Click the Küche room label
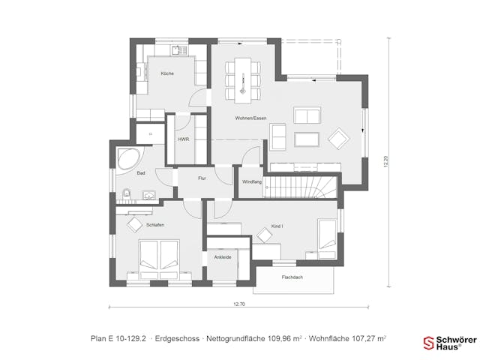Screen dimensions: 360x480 click(167, 73)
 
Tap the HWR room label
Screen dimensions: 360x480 click(183, 139)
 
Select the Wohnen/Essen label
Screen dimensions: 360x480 click(250, 118)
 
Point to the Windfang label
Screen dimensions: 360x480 click(252, 182)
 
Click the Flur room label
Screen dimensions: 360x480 click(202, 178)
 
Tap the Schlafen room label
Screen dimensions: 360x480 click(156, 225)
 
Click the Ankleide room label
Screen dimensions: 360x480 click(222, 257)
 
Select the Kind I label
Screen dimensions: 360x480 click(277, 226)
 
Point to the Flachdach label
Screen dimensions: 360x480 click(292, 277)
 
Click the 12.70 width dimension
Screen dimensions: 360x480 click(238, 304)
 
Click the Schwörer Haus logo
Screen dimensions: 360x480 click(449, 343)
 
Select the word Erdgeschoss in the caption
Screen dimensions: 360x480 click(177, 339)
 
